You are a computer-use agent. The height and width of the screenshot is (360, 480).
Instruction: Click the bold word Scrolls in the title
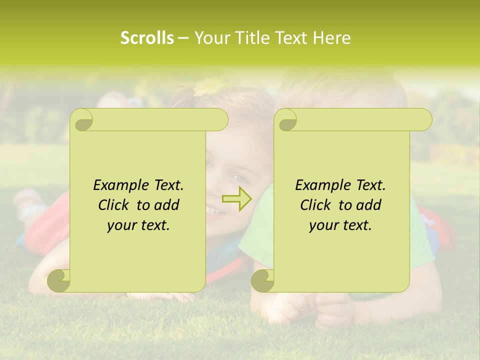point(147,38)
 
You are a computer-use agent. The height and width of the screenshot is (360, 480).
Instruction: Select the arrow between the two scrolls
point(236,198)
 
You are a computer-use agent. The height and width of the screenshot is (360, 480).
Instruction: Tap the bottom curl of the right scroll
point(263,280)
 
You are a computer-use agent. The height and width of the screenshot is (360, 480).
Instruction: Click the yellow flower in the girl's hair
point(209,85)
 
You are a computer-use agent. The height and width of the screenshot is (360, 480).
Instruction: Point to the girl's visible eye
point(239,177)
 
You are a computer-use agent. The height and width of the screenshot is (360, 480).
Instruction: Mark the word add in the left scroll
point(167,205)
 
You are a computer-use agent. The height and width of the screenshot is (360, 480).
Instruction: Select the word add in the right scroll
point(369,205)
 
